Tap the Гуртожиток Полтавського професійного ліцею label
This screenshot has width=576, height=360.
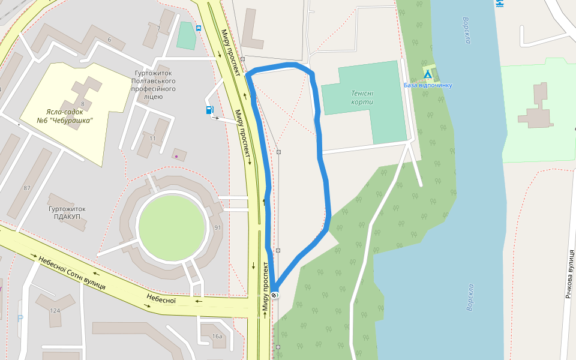pyautogui.click(x=154, y=85)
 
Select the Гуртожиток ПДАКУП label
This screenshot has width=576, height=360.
pyautogui.click(x=67, y=212)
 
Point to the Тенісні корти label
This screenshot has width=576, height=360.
pyautogui.click(x=362, y=97)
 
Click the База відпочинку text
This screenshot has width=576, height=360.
pyautogui.click(x=428, y=85)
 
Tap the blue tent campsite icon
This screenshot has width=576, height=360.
pyautogui.click(x=427, y=74)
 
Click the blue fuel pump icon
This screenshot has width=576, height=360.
pyautogui.click(x=209, y=109)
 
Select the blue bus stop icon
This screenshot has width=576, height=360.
pyautogui.click(x=199, y=28)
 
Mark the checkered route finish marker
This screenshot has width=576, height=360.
pyautogui.click(x=275, y=295)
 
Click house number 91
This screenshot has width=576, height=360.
pyautogui.click(x=217, y=227)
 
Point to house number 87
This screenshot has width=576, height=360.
pyautogui.click(x=27, y=188)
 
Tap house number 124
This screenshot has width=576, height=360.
pyautogui.click(x=55, y=310)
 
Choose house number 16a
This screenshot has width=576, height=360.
pyautogui.click(x=217, y=336)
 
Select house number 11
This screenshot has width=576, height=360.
pyautogui.click(x=152, y=139)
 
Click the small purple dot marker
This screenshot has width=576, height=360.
pyautogui.click(x=176, y=156)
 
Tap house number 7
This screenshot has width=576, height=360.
pyautogui.click(x=158, y=29)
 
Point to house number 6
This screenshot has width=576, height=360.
pyautogui.click(x=109, y=40)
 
